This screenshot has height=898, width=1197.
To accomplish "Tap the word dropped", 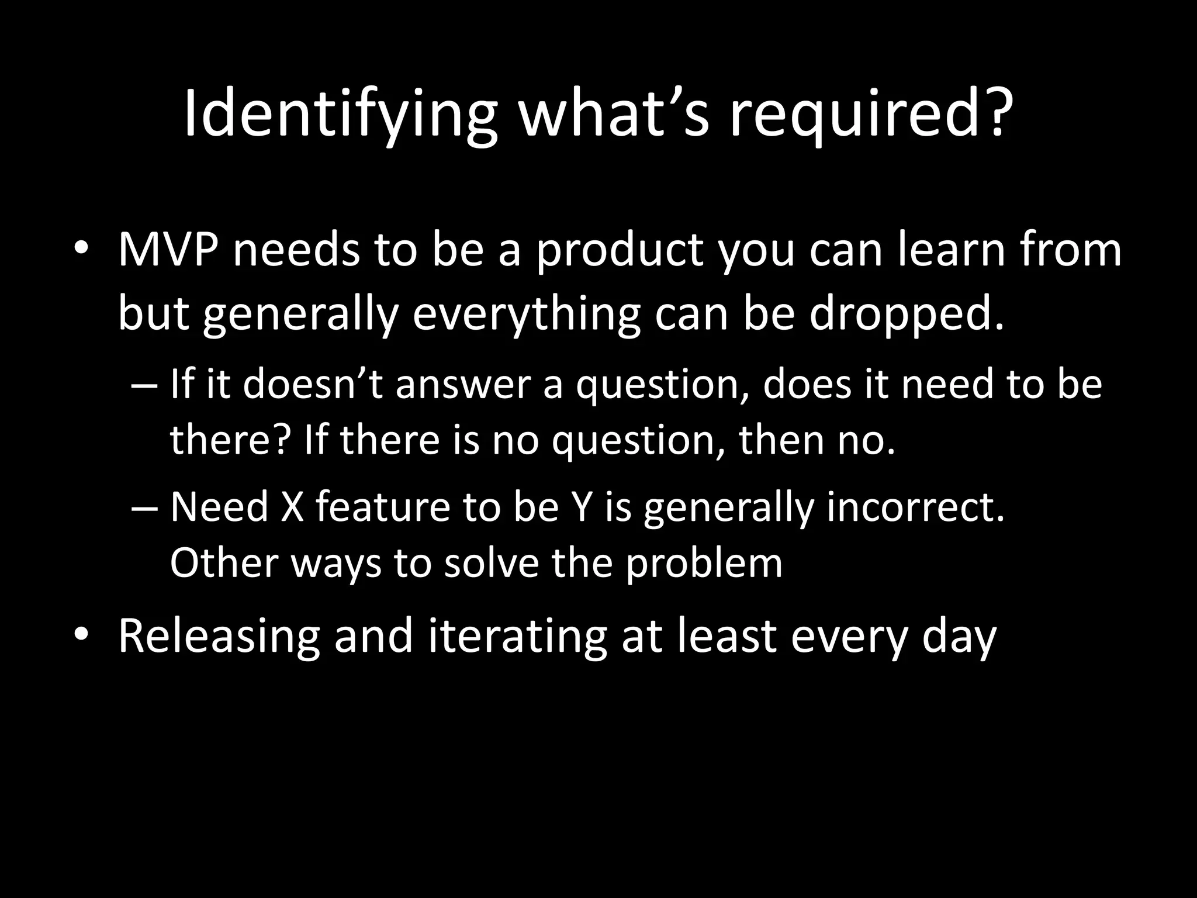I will tap(905, 314).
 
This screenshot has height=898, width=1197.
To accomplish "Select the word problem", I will tap(704, 564).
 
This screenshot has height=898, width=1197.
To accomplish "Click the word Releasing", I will tap(219, 637).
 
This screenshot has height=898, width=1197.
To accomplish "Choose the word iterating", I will tap(517, 637).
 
